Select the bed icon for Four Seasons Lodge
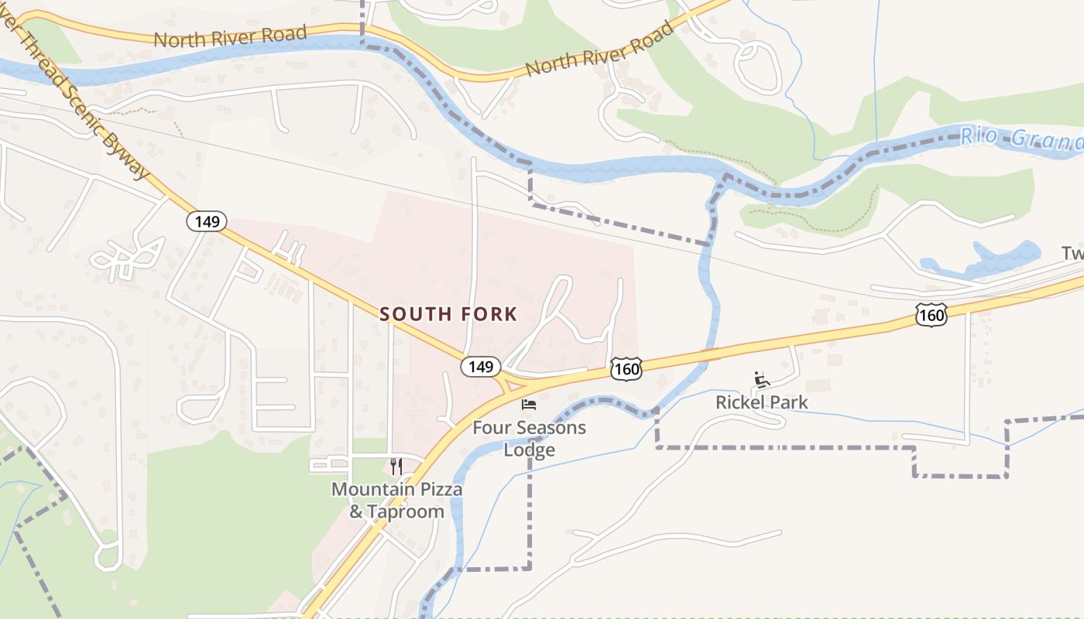[x=529, y=405]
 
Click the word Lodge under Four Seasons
[x=530, y=450]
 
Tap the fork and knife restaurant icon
[x=396, y=466]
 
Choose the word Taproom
[x=406, y=512]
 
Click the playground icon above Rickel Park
[x=762, y=379]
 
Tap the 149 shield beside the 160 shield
[x=481, y=367]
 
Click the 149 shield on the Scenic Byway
[x=207, y=222]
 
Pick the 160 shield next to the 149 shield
[x=626, y=369]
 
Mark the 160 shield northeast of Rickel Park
[x=930, y=315]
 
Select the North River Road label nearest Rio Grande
[x=599, y=49]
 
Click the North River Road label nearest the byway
[x=230, y=36]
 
